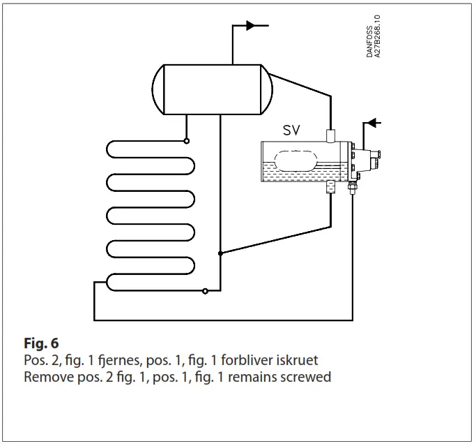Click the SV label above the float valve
292,131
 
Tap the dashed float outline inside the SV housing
298,161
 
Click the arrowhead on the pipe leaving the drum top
250,26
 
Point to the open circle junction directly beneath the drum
187,140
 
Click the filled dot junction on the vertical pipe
220,253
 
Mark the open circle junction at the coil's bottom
204,291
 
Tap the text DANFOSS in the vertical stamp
370,36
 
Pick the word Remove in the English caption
45,377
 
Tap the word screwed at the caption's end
309,377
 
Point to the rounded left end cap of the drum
159,89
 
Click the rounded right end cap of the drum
266,89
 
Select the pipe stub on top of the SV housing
330,133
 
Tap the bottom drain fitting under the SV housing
330,187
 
